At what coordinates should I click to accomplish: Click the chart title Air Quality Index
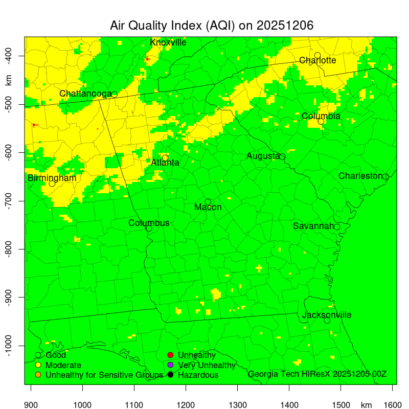[212, 26]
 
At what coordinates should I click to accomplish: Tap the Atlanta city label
[165, 163]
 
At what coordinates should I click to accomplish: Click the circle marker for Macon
[208, 202]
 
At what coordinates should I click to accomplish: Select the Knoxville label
[168, 42]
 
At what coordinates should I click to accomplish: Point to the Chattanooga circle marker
[115, 94]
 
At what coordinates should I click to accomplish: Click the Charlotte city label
[317, 60]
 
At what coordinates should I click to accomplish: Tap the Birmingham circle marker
[52, 184]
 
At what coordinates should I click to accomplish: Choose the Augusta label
[263, 156]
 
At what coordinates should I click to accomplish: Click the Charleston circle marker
[385, 177]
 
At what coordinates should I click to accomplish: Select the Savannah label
[313, 226]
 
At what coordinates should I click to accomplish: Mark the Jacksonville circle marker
[327, 321]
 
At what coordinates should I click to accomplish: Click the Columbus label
[149, 223]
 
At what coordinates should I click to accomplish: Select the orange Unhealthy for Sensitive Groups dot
[38, 375]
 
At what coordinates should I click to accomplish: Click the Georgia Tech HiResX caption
[317, 374]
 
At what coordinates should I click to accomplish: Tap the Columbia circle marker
[321, 121]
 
